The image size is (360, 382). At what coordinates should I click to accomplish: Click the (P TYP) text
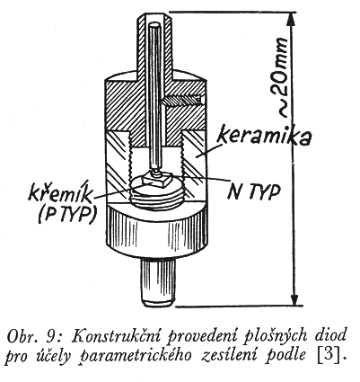coord(67,214)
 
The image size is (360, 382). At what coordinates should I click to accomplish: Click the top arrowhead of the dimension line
coord(291,21)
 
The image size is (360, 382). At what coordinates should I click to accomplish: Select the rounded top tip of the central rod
coord(155,25)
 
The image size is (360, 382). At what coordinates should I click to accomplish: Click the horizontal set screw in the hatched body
coord(181,101)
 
